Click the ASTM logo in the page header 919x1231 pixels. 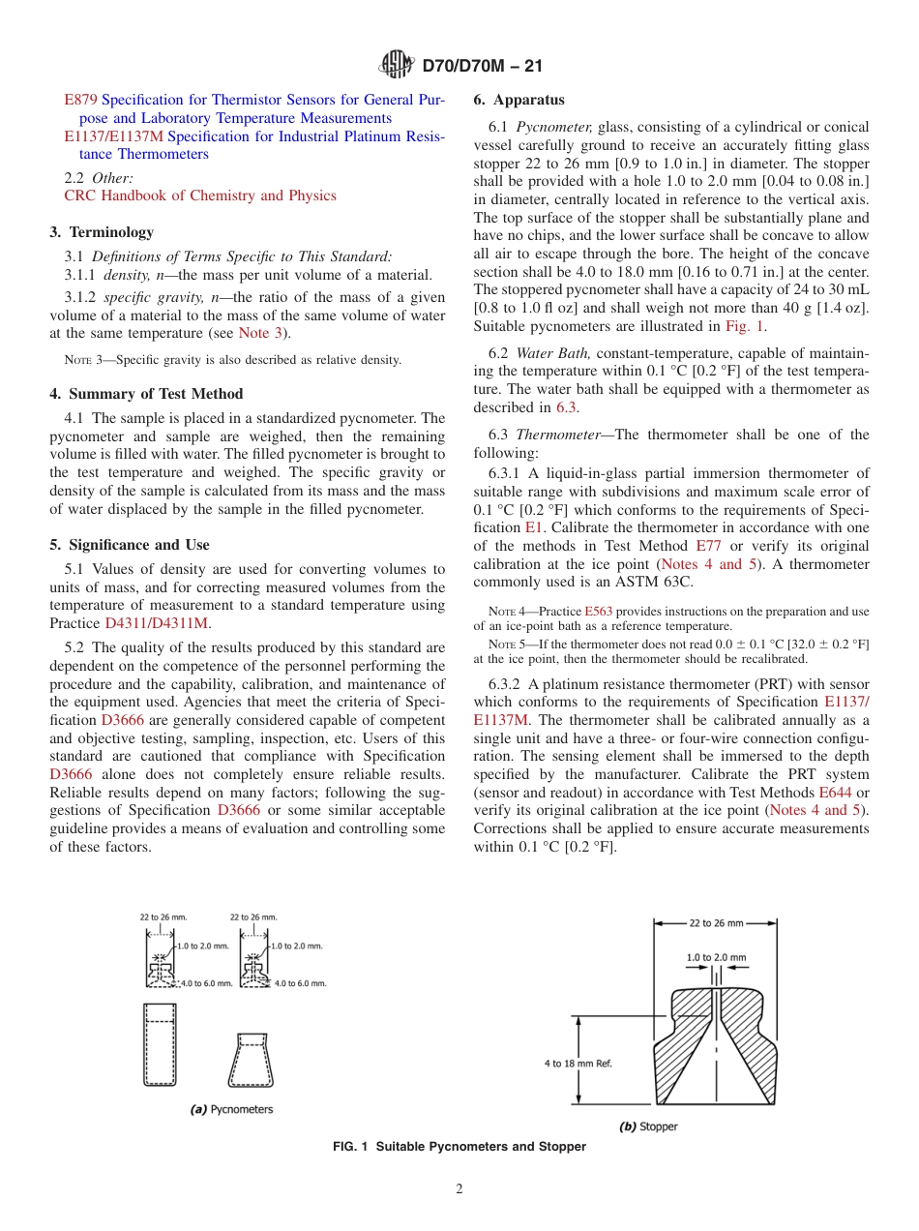point(396,66)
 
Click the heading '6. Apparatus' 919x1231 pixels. point(519,100)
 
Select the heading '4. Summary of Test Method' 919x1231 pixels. point(146,394)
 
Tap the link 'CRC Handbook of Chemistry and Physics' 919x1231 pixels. point(200,195)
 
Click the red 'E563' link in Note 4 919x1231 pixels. point(598,612)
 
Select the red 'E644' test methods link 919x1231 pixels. point(834,793)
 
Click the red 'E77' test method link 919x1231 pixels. point(708,546)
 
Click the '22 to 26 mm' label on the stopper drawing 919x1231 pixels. point(716,923)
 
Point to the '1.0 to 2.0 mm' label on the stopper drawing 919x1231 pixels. point(716,957)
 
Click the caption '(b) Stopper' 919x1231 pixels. point(648,1126)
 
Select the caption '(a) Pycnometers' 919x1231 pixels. point(231,1109)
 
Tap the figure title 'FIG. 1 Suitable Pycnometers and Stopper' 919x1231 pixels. point(459,1147)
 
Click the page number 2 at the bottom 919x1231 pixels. point(459,1189)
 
